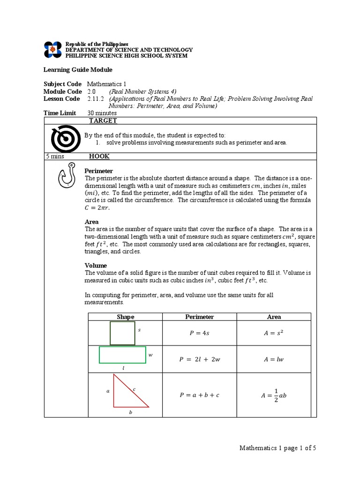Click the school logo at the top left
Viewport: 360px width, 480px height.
click(52, 49)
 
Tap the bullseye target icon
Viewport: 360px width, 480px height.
click(62, 138)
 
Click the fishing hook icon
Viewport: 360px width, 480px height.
click(65, 176)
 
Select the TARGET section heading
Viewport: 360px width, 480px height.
click(103, 120)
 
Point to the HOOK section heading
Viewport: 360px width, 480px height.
click(99, 157)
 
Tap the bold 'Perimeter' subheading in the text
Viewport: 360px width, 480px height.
click(98, 171)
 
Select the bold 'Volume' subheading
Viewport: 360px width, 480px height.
click(96, 265)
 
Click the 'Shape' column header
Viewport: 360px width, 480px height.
click(125, 317)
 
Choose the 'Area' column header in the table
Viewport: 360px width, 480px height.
click(274, 317)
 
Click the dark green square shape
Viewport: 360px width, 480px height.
click(122, 333)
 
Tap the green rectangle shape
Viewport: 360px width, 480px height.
click(122, 355)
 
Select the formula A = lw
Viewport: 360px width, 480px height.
click(274, 360)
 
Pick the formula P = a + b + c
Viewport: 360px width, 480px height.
click(199, 395)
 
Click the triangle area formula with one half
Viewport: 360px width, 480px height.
click(274, 395)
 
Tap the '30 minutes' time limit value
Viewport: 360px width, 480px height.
click(102, 113)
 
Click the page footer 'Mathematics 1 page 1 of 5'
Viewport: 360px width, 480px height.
click(278, 448)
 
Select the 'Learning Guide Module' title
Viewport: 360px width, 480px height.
click(78, 70)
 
